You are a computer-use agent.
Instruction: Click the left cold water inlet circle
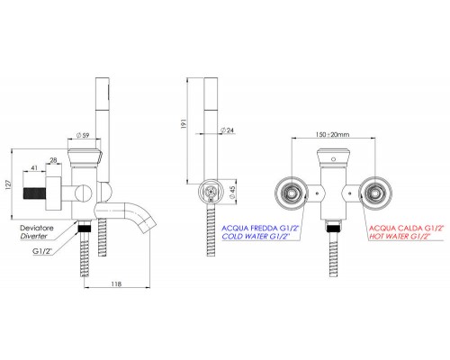(290, 192)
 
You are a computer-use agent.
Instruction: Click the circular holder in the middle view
(210, 191)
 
